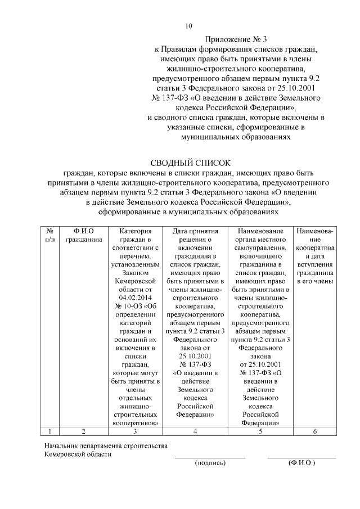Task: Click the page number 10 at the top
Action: (x=188, y=26)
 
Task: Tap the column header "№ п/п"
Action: (x=50, y=235)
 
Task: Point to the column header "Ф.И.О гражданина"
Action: (x=84, y=235)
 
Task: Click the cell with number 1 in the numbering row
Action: (x=49, y=431)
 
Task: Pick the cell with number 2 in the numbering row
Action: (x=84, y=431)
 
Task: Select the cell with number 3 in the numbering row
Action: (x=135, y=431)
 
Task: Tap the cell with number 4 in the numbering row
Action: (x=195, y=431)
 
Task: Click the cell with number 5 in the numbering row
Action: (x=260, y=431)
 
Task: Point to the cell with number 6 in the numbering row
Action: (x=314, y=431)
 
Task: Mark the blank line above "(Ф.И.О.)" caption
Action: (x=301, y=458)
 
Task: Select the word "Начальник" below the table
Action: (x=61, y=447)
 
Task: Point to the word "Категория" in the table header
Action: (x=135, y=231)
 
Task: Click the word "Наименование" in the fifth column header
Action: (x=260, y=231)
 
